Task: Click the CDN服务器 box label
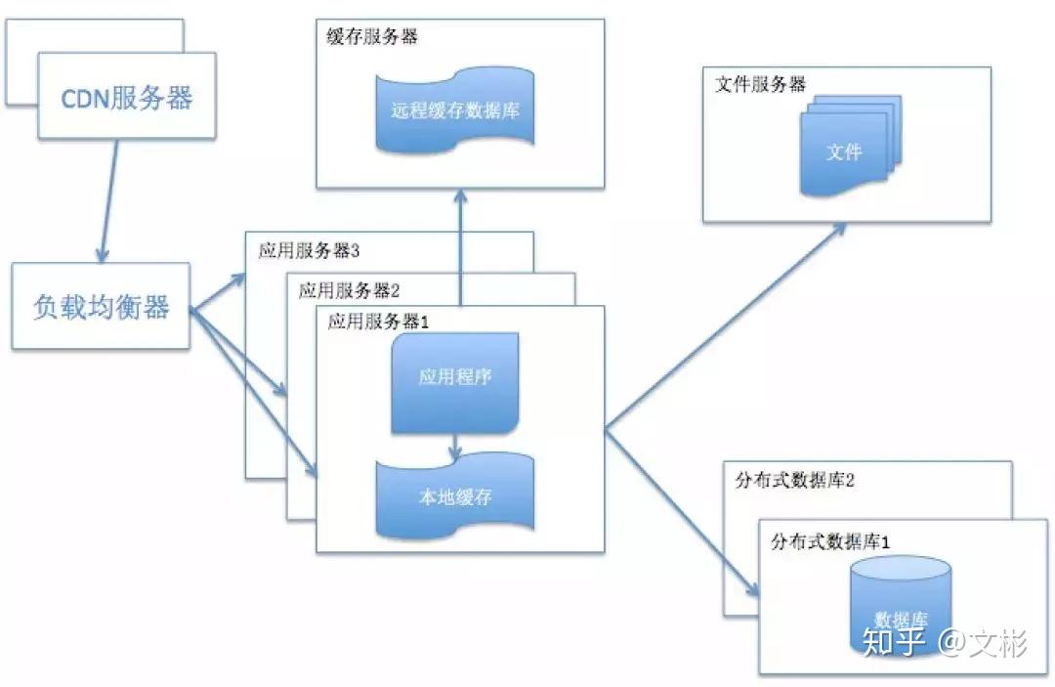tap(127, 98)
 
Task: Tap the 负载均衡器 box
tap(103, 307)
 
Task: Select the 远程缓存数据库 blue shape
tap(456, 110)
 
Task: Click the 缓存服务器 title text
tap(371, 37)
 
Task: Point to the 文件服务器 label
tap(761, 84)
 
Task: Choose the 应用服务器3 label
tap(310, 250)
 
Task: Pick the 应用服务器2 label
tap(350, 290)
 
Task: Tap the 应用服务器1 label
tap(379, 322)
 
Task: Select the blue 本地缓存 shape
tap(455, 496)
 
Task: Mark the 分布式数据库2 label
tap(794, 481)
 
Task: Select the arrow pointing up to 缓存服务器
tap(459, 244)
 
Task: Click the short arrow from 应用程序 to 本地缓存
tap(455, 448)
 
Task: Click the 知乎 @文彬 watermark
tap(942, 643)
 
